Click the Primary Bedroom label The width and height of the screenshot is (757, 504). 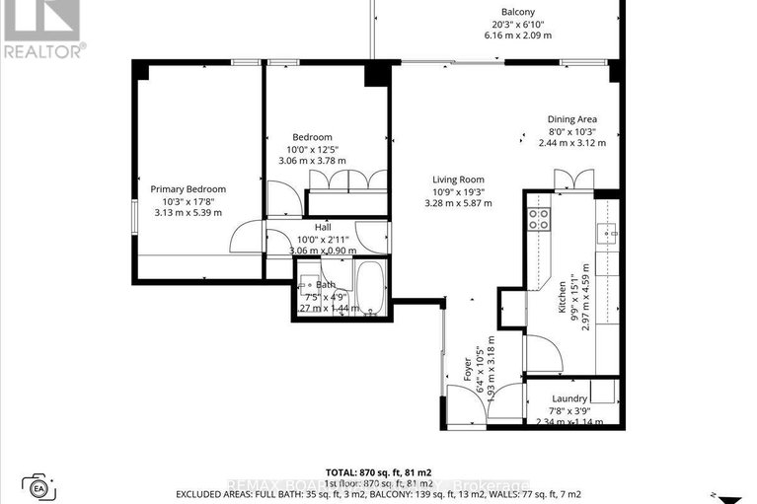click(188, 189)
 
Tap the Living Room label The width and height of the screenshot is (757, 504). click(461, 179)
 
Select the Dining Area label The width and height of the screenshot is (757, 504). click(572, 119)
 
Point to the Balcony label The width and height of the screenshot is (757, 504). click(518, 12)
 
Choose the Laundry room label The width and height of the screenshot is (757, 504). click(569, 399)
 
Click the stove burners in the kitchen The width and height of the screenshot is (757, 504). click(539, 219)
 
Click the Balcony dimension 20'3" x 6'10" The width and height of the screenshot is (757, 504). click(518, 24)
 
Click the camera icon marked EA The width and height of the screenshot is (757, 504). click(39, 486)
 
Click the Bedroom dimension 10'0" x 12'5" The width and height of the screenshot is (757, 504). click(312, 149)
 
